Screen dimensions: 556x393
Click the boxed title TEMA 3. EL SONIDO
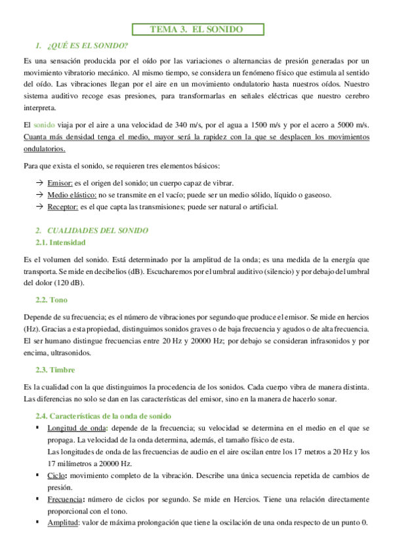(x=197, y=30)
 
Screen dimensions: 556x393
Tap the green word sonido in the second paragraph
(x=45, y=125)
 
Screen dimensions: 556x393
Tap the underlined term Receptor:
(x=63, y=207)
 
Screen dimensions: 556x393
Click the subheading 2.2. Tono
(x=52, y=300)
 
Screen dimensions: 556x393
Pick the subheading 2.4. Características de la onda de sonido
(x=103, y=416)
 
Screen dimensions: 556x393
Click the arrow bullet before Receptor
(x=39, y=207)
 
